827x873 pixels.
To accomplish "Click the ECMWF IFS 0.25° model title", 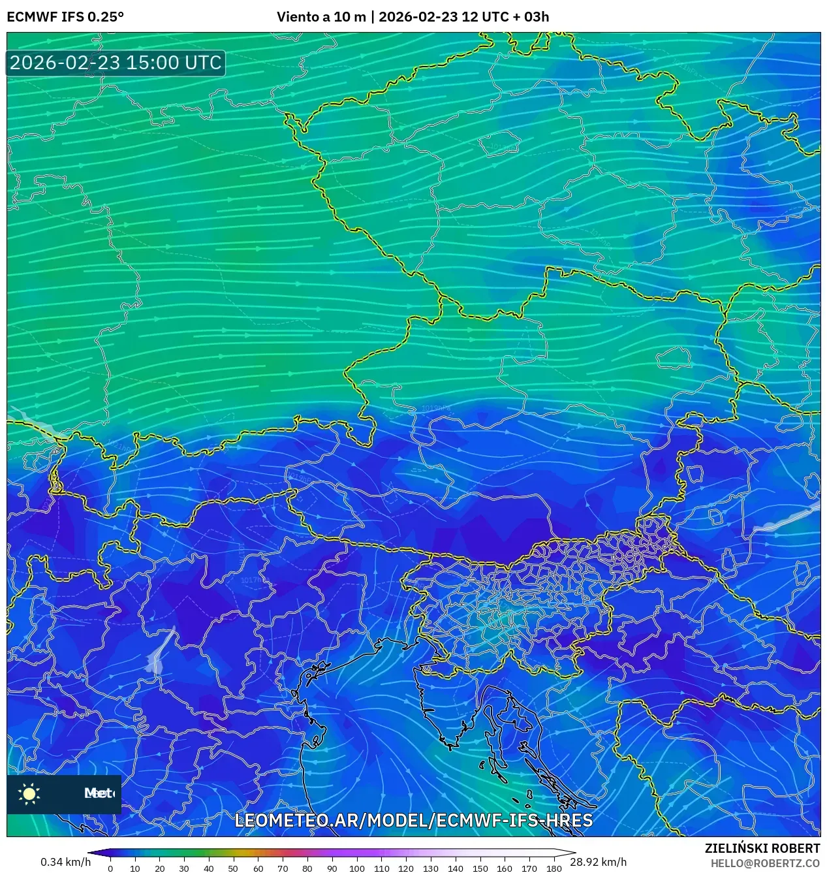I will (65, 17).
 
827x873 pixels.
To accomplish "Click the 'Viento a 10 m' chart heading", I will (321, 17).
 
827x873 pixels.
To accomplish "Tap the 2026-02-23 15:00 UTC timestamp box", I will (116, 63).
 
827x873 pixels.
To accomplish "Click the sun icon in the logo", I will (29, 793).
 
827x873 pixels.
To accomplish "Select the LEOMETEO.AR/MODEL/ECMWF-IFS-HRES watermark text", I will (413, 821).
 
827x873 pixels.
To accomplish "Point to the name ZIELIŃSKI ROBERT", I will (762, 848).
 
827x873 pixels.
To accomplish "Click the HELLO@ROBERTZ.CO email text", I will (765, 863).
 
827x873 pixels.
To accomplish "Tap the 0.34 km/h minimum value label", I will (65, 862).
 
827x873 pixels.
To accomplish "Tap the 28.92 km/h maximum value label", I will (599, 862).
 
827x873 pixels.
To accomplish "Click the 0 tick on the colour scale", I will (110, 868).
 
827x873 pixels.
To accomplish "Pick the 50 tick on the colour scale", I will (233, 868).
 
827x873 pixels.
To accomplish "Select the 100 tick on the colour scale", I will (356, 868).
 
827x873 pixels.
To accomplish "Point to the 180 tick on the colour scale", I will (554, 868).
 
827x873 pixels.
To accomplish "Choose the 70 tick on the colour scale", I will (283, 868).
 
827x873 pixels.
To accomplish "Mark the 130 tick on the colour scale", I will (430, 868).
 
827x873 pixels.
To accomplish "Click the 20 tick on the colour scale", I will (159, 868).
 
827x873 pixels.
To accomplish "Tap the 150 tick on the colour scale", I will (480, 868).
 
